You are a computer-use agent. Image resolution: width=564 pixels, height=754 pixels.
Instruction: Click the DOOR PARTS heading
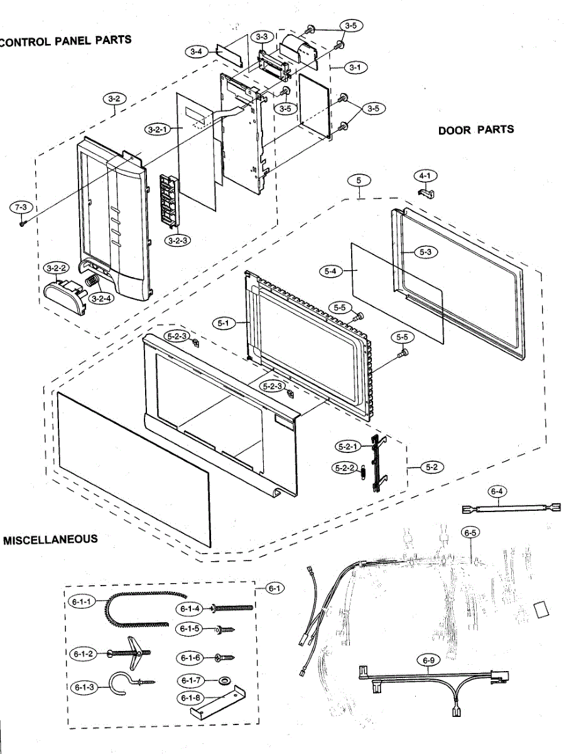[475, 130]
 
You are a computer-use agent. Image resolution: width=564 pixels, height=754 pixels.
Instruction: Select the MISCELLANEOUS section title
[50, 539]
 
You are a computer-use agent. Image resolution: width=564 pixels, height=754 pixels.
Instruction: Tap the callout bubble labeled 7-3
[22, 207]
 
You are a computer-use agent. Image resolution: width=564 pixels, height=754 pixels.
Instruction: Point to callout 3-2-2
[57, 269]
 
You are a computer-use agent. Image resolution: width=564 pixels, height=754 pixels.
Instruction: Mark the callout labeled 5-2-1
[347, 447]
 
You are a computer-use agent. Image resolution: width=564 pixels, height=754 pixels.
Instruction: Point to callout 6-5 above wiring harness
[470, 533]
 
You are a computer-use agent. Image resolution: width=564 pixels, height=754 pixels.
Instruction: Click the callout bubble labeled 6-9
[429, 660]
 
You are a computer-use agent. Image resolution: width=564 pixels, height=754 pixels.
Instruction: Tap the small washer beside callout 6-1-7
[222, 680]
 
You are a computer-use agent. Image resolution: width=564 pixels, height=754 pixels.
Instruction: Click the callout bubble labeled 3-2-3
[178, 240]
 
